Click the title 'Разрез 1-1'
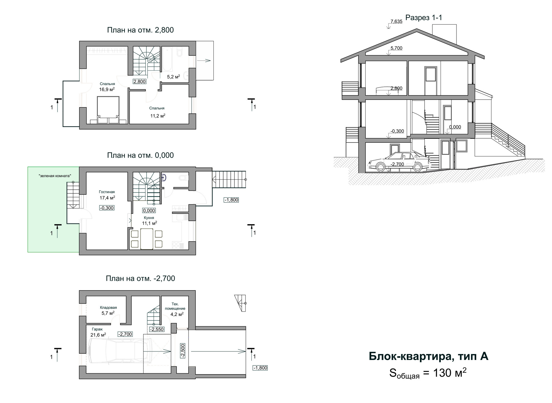point(424,18)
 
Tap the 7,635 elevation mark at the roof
point(396,21)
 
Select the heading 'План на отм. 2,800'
point(140,30)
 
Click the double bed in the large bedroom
point(108,110)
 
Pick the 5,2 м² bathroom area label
point(173,77)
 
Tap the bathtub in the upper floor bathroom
point(168,59)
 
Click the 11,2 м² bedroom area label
point(158,116)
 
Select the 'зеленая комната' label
point(55,176)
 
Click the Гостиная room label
point(107,192)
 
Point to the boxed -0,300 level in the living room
point(107,208)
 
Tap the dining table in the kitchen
point(147,239)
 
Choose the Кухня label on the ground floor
point(149,218)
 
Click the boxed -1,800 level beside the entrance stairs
point(231,200)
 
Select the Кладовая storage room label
point(108,308)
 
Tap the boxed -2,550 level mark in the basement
point(157,329)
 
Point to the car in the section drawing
point(399,162)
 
